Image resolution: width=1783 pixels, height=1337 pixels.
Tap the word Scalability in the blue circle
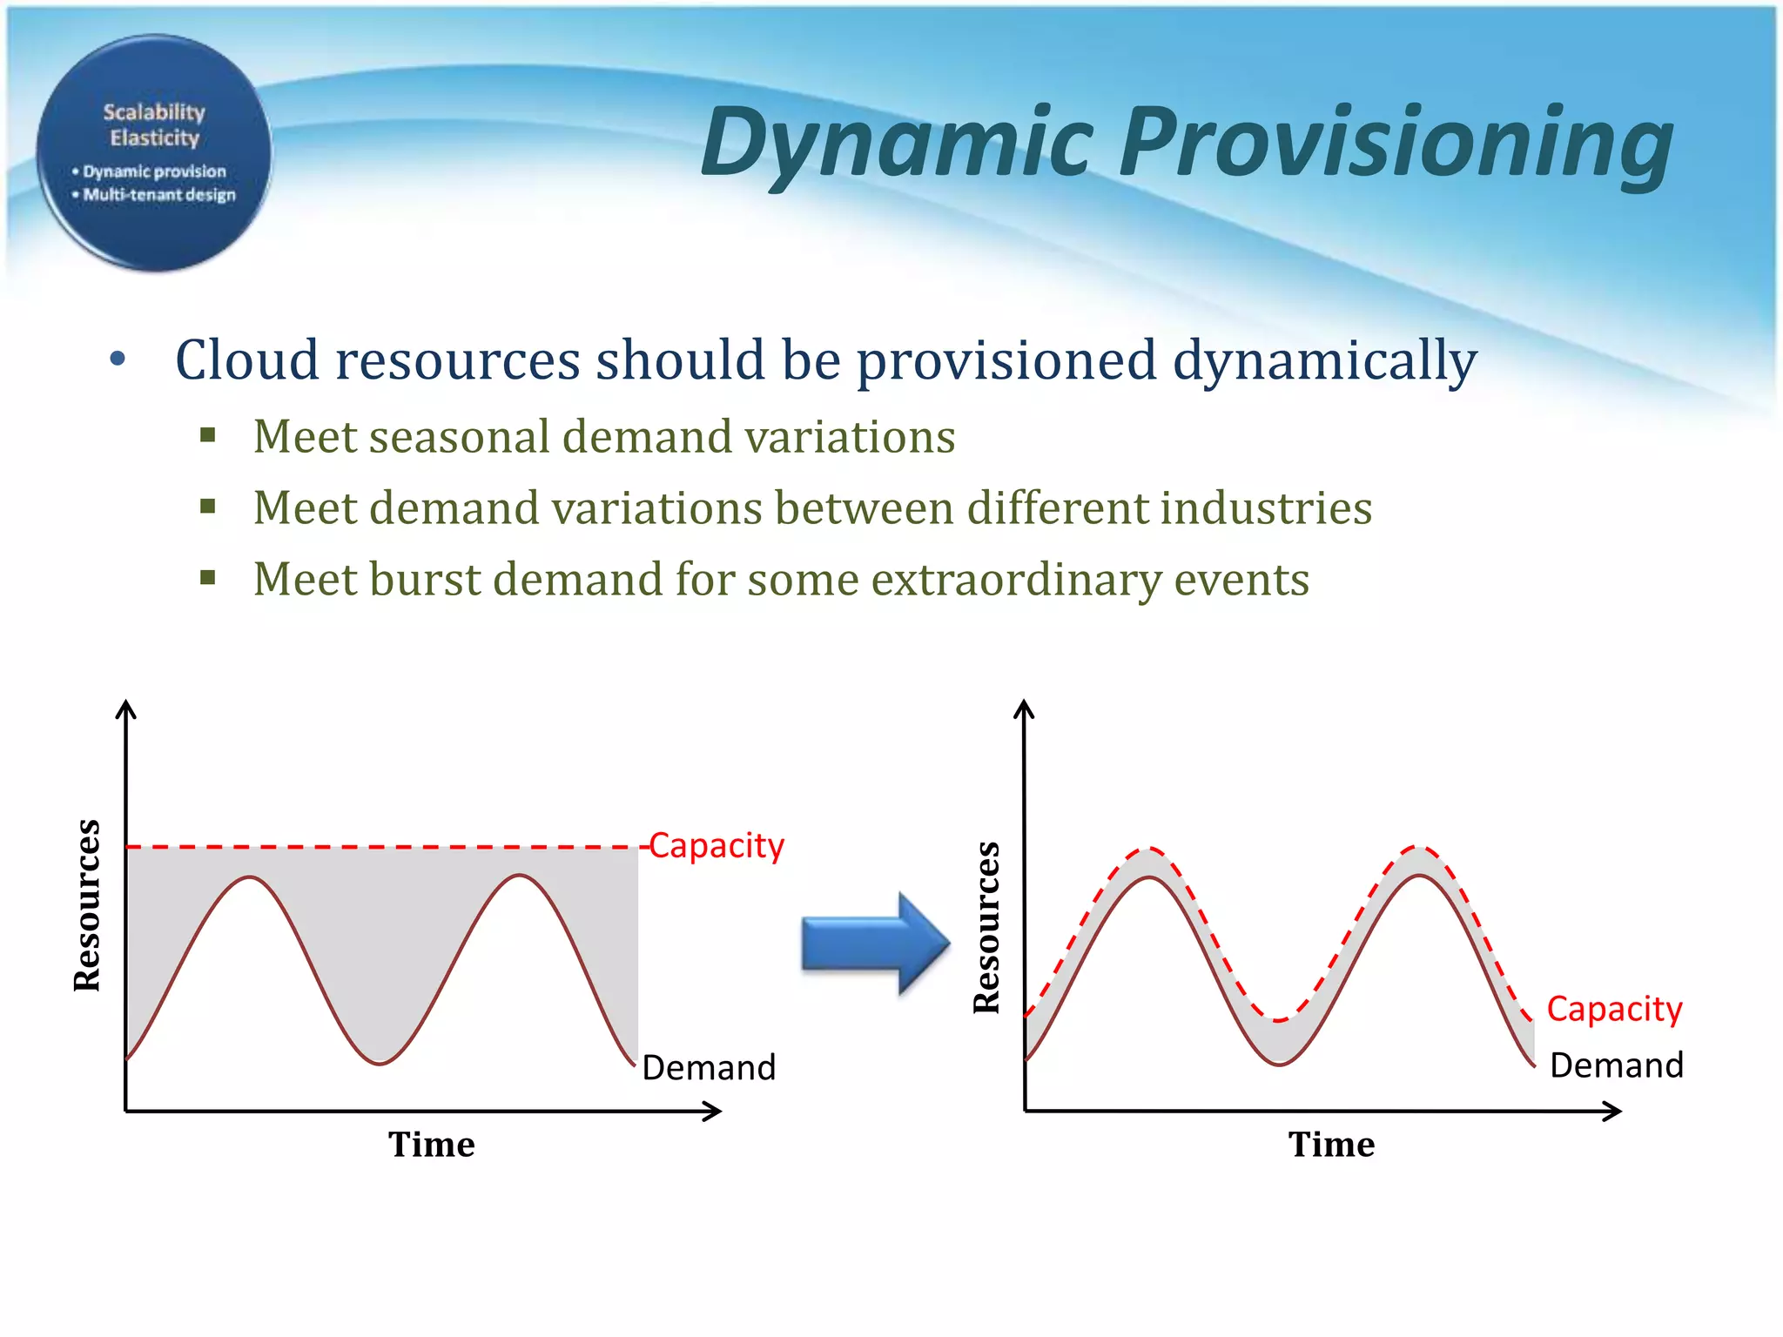(x=154, y=112)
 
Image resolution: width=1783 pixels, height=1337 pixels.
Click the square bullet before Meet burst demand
(x=207, y=577)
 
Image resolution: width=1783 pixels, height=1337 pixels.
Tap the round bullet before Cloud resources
(x=118, y=359)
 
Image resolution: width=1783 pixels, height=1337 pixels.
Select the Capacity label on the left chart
(x=717, y=846)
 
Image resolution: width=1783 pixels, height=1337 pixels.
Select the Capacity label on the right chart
(x=1614, y=1010)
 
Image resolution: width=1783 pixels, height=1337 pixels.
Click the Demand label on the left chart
(x=709, y=1068)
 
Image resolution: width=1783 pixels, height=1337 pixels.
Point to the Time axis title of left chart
(x=432, y=1145)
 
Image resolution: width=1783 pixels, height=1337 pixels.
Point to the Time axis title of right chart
(x=1331, y=1145)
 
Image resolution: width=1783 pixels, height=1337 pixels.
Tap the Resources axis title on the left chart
(x=87, y=905)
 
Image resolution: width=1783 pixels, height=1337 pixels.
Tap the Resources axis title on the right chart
(x=986, y=928)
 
